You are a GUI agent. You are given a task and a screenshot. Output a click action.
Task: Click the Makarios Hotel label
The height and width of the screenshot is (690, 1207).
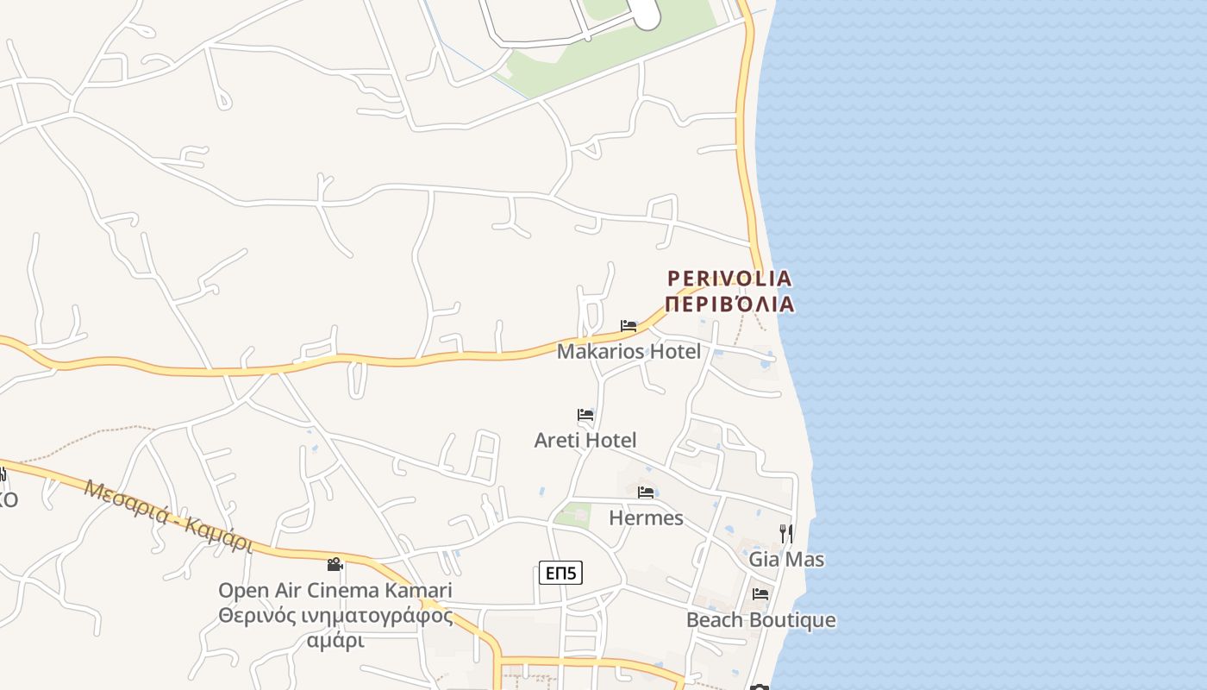pos(629,351)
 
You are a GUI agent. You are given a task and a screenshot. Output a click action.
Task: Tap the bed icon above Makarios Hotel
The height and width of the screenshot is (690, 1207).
pos(629,326)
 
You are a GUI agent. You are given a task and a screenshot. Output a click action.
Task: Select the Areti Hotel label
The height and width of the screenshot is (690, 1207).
pos(585,440)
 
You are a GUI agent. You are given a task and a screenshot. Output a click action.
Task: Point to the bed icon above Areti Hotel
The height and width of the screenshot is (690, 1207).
pos(585,415)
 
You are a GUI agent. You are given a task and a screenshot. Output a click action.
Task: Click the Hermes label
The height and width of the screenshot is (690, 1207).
pos(646,517)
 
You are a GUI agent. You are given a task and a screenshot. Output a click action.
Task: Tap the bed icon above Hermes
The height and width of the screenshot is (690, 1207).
pos(646,492)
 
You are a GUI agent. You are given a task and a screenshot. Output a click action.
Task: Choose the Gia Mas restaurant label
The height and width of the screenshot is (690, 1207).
pos(786,559)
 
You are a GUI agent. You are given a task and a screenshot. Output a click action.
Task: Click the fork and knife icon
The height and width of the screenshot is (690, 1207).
pos(786,534)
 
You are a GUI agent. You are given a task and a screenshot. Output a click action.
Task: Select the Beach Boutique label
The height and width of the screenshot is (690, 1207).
pos(760,619)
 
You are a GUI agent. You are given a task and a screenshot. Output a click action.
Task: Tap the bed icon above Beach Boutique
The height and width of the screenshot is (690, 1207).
pos(760,594)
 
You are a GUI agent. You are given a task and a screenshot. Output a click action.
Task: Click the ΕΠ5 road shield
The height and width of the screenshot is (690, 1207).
pos(560,572)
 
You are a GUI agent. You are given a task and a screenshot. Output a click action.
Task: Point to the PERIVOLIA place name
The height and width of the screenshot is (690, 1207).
pos(729,279)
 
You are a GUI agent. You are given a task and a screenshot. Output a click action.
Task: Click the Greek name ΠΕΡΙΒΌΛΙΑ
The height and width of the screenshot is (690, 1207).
pos(729,304)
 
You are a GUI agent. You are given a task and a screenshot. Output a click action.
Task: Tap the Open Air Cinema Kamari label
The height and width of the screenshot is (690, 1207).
pos(335,591)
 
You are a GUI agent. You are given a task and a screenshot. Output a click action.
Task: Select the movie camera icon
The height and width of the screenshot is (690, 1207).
pos(335,565)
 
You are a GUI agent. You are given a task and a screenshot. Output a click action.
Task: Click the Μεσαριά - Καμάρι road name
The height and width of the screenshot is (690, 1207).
pos(168,515)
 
